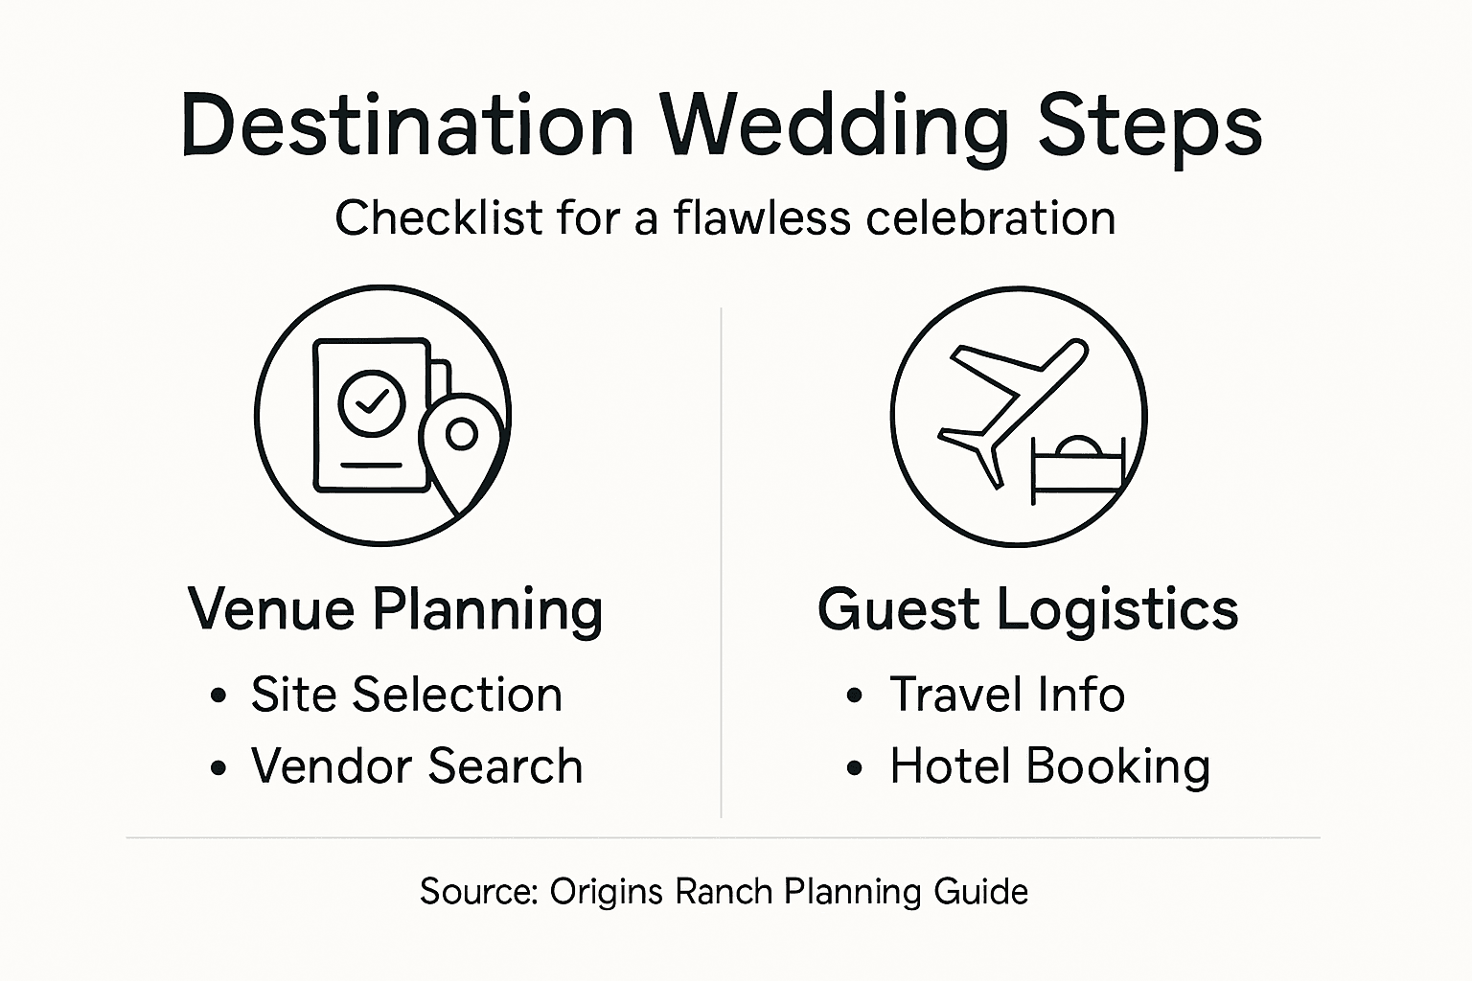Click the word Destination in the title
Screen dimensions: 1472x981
pos(407,125)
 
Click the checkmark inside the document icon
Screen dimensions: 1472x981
pos(372,401)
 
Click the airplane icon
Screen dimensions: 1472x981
pos(1012,414)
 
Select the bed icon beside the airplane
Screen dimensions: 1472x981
pos(1078,470)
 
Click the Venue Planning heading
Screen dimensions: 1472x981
pos(395,610)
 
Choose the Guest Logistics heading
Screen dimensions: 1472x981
pos(1027,610)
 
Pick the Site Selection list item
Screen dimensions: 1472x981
pos(406,694)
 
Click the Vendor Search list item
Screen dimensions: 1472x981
pos(417,765)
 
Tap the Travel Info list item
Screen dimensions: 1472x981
pos(1007,694)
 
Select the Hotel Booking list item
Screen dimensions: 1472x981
pos(1050,766)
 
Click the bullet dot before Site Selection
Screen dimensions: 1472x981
pos(218,696)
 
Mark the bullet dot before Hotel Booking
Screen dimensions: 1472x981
pos(854,767)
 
